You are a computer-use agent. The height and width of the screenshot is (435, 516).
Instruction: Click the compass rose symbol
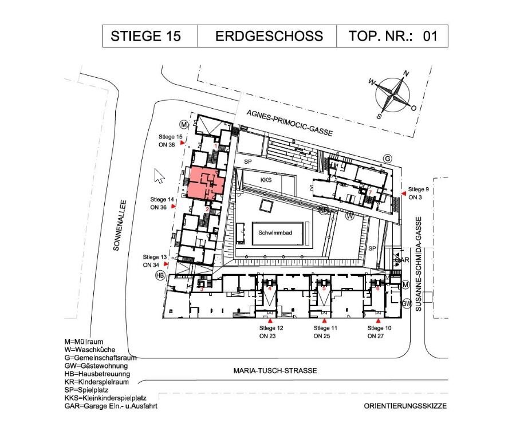tap(393, 94)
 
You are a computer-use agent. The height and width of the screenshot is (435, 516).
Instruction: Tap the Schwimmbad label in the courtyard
tap(275, 233)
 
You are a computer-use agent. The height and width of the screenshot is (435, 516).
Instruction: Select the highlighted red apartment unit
tap(206, 183)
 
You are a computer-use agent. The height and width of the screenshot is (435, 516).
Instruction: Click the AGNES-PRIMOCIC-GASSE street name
tap(290, 123)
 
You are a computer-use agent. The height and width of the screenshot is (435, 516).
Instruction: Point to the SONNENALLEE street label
tap(119, 226)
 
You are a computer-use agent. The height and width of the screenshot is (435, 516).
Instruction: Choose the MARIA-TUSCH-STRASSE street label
tap(275, 370)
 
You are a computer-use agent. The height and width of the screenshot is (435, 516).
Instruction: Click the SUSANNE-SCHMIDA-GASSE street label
tap(418, 264)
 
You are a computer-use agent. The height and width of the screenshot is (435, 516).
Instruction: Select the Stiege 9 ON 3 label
tap(418, 193)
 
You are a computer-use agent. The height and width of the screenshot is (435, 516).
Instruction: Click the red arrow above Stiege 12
tap(270, 321)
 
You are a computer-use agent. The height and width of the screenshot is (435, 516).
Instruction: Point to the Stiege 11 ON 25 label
tap(325, 332)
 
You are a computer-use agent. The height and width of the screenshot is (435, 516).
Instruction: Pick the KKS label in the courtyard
tap(266, 180)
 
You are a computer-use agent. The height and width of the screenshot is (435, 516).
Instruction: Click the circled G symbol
tap(388, 159)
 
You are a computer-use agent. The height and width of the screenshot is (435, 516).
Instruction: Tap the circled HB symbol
tap(160, 275)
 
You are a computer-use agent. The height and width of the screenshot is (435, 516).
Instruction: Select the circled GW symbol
tap(407, 303)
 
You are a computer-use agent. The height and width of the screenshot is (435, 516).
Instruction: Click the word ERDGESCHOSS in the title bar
tap(269, 36)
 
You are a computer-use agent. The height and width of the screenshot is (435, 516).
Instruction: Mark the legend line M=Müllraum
tap(84, 342)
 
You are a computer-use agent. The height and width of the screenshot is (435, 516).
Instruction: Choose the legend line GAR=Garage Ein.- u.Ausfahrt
tap(111, 406)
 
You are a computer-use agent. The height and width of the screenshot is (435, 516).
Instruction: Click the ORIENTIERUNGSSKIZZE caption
tap(405, 406)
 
